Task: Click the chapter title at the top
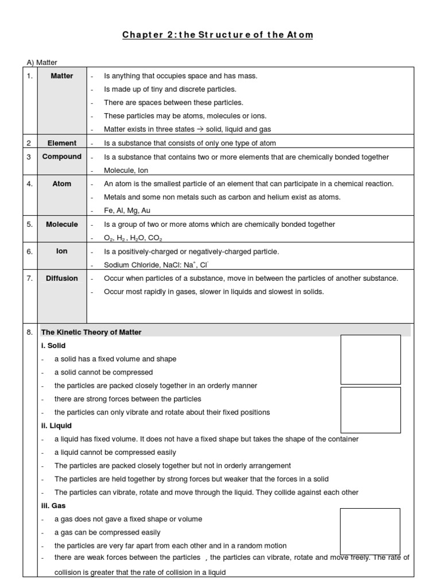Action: (218, 35)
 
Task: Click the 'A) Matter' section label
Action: (42, 63)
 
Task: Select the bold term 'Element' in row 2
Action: (62, 143)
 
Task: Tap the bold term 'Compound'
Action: (62, 157)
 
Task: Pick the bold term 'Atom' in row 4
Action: (62, 184)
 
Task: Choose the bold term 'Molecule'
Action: (62, 225)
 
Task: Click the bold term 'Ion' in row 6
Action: (62, 252)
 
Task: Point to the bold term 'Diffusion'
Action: (62, 278)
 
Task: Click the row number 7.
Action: (29, 278)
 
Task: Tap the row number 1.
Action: (29, 76)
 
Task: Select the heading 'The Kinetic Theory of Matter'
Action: (91, 332)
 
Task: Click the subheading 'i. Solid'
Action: (53, 346)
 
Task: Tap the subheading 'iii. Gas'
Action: (53, 505)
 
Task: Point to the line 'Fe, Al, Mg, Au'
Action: (127, 210)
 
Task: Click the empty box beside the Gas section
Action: (370, 531)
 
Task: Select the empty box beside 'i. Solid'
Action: (370, 359)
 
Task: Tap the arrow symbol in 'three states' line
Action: (192, 130)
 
